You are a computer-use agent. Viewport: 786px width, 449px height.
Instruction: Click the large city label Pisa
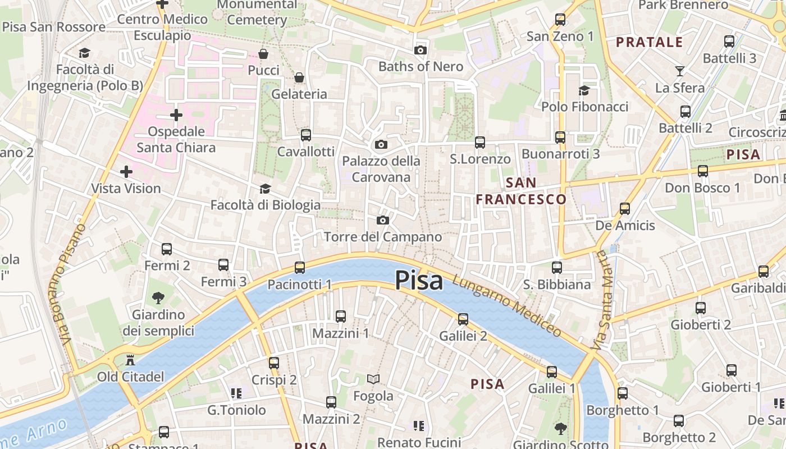point(419,280)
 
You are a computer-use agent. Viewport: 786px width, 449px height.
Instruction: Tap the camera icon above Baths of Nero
point(420,50)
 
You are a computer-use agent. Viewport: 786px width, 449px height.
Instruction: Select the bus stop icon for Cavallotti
point(305,135)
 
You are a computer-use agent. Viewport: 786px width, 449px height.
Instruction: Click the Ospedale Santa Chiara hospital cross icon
point(176,115)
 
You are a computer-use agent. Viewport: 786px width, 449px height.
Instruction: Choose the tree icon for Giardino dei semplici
point(158,297)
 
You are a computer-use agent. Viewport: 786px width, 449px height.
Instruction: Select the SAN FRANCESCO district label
point(521,191)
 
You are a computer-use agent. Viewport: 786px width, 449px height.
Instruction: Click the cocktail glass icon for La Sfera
point(679,71)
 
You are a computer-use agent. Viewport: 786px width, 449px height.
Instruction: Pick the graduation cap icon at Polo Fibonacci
point(584,90)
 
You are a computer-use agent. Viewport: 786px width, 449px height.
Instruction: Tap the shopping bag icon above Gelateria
point(299,77)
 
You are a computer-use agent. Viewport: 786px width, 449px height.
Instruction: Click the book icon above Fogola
point(373,379)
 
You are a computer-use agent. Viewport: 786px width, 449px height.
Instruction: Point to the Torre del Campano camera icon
point(382,220)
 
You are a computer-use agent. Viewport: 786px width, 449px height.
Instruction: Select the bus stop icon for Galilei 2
point(463,319)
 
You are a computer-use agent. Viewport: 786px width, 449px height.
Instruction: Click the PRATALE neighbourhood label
point(649,42)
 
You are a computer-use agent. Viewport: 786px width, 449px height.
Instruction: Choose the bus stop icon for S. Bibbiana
point(556,268)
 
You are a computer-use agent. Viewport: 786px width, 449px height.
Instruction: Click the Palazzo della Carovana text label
point(381,169)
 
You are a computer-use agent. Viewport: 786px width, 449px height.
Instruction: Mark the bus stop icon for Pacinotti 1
point(300,267)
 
